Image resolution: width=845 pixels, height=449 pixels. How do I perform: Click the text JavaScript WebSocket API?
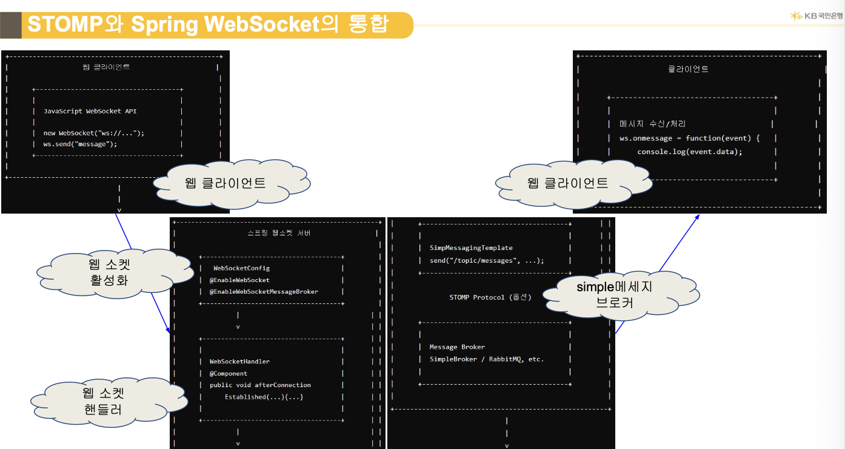pyautogui.click(x=90, y=111)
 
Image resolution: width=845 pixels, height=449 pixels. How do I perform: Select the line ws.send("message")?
pyautogui.click(x=80, y=144)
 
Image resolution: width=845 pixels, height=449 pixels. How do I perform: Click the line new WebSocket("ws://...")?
pyautogui.click(x=94, y=132)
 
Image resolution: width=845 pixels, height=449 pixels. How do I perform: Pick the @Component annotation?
pyautogui.click(x=229, y=373)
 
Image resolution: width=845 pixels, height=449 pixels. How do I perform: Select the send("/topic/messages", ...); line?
pyautogui.click(x=487, y=260)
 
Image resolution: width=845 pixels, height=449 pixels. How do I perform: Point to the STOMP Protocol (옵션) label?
pyautogui.click(x=490, y=297)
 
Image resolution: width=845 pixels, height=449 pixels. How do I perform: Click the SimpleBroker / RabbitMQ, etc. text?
pyautogui.click(x=487, y=359)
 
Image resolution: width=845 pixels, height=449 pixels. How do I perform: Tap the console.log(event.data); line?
pyautogui.click(x=690, y=152)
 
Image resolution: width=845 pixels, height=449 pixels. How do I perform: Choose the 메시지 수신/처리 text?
pyautogui.click(x=652, y=124)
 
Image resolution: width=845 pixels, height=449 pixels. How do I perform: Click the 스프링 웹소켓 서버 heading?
pyautogui.click(x=275, y=233)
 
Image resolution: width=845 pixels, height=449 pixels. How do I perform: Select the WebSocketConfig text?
pyautogui.click(x=241, y=268)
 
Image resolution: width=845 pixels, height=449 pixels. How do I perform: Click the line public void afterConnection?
pyautogui.click(x=260, y=385)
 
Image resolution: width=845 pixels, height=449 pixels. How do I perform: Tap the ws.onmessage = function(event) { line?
pyautogui.click(x=689, y=138)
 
